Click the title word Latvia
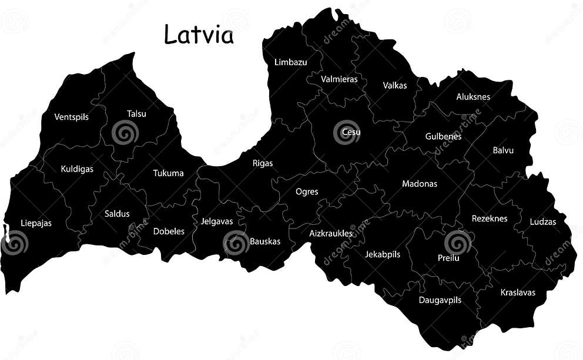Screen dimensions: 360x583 (199, 35)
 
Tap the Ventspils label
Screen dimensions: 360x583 (72, 117)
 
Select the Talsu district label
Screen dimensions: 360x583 (136, 114)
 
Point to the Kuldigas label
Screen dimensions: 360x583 (77, 169)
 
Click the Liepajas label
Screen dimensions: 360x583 (36, 223)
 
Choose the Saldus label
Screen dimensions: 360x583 (117, 214)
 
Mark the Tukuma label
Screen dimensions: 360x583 (168, 173)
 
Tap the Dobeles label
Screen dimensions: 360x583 (169, 231)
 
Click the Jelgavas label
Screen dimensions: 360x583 (217, 221)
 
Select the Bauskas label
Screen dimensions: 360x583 (265, 241)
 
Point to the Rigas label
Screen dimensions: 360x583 (263, 163)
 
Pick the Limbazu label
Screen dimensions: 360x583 (290, 62)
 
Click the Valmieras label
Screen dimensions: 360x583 (339, 79)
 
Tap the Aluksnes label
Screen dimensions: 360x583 (473, 97)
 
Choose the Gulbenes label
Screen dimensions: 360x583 (443, 137)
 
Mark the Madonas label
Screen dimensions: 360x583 (420, 184)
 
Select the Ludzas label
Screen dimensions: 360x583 (543, 222)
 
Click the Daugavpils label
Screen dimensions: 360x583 (440, 300)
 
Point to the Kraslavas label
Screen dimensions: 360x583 (518, 292)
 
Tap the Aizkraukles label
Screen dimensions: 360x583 (331, 234)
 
